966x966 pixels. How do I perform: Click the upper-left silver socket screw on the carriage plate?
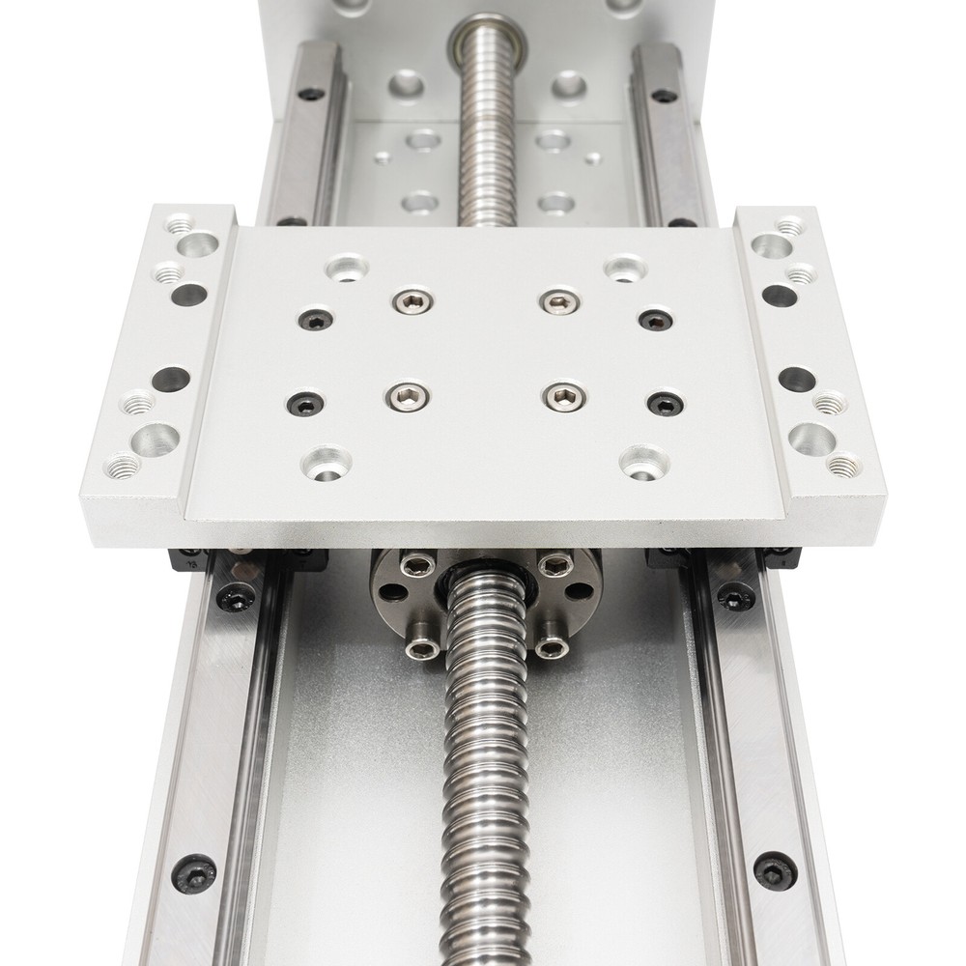point(412,302)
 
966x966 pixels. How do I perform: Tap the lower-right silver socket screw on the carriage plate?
point(563,396)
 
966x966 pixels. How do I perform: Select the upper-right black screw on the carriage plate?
point(656,320)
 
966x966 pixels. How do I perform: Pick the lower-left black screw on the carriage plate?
point(305,402)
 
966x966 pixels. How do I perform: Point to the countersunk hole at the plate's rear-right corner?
point(624,268)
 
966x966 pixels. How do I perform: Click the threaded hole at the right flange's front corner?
point(843,467)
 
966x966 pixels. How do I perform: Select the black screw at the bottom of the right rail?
point(775,869)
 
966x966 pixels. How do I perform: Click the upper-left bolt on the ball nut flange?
point(417,565)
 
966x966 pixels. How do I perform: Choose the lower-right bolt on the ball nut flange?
point(551,647)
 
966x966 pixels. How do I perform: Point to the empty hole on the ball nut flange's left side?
point(391,592)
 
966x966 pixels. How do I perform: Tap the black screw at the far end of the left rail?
point(311,94)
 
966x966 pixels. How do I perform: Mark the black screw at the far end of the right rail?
point(664,96)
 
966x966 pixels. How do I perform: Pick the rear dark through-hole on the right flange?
point(780,296)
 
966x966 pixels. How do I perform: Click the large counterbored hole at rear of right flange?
point(771,246)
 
